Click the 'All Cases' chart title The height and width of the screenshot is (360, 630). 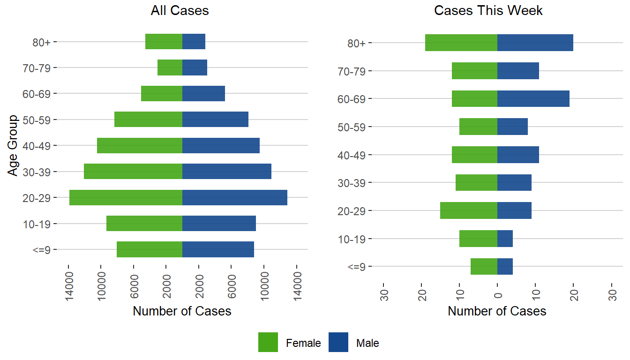(180, 11)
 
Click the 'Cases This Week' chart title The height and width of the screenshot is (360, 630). (488, 11)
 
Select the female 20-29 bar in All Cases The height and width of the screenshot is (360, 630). (126, 197)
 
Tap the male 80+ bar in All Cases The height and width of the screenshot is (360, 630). (194, 42)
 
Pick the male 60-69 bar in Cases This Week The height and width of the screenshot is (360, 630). (533, 99)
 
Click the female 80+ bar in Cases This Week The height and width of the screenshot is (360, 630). (461, 43)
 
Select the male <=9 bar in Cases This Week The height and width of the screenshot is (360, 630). (505, 266)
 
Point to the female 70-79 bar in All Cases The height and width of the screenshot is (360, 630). (170, 67)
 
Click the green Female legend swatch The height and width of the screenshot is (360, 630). (268, 342)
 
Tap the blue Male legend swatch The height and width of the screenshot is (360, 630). (338, 342)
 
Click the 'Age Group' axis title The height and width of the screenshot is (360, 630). (14, 145)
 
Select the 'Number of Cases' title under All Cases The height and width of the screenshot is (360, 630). (182, 311)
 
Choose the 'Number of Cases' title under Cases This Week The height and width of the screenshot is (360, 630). (497, 311)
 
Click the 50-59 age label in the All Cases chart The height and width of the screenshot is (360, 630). (39, 120)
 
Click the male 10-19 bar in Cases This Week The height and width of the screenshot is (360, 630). (505, 239)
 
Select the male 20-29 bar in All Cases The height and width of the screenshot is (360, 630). (234, 197)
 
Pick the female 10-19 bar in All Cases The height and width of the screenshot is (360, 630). (144, 223)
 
